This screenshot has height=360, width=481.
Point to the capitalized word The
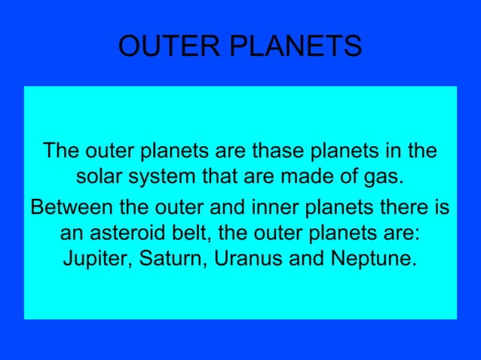coord(60,151)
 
